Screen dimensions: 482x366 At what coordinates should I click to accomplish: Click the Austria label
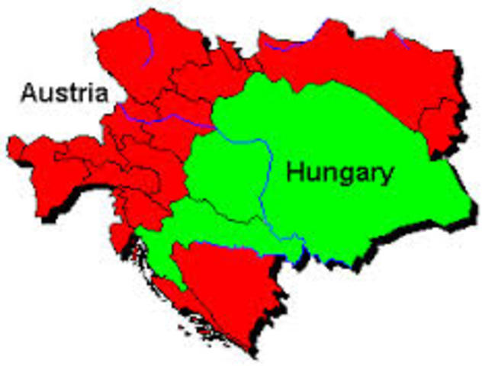(64, 94)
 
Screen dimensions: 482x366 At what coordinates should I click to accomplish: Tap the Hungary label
(340, 173)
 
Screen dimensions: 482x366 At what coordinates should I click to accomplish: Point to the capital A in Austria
(29, 94)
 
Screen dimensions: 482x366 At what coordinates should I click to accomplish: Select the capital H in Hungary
(294, 172)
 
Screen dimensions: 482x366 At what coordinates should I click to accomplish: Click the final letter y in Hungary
(387, 176)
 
